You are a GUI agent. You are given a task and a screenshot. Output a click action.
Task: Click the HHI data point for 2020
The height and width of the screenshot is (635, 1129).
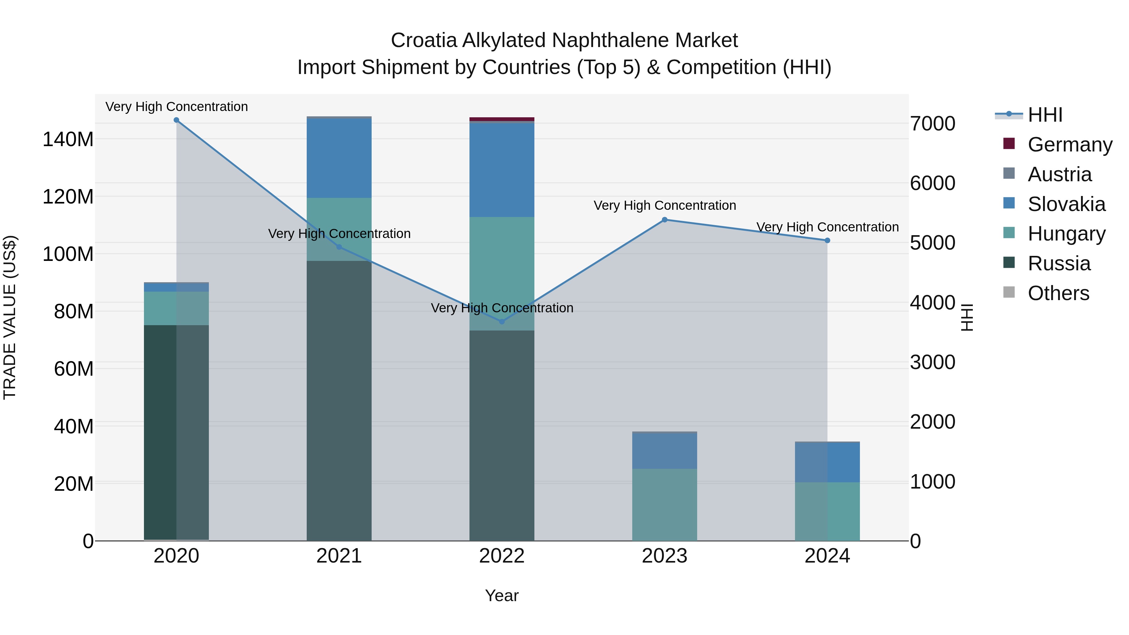[176, 120]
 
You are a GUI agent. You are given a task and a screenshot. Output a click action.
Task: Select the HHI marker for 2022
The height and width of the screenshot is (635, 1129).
[502, 322]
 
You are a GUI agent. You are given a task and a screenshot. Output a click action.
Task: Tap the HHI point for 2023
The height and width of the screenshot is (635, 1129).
[665, 220]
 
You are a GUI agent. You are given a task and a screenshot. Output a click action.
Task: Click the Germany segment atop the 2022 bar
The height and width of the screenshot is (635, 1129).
[502, 119]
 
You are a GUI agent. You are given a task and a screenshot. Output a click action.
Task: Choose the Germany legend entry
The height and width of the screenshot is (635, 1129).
[1069, 145]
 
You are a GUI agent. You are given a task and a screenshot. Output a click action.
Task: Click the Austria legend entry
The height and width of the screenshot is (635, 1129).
[1059, 174]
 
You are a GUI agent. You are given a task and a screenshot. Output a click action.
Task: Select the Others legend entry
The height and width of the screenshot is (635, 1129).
[1058, 293]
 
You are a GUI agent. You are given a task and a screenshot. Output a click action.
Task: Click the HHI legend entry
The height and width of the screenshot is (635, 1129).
[1045, 115]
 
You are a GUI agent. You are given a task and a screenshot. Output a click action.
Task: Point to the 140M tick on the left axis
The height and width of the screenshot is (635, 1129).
[68, 139]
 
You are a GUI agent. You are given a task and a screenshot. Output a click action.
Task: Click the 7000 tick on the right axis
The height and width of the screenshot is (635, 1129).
[933, 124]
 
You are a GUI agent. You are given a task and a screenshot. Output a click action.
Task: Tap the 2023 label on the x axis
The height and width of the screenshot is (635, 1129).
[665, 556]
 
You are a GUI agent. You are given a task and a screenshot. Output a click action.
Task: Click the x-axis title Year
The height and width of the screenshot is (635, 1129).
[502, 595]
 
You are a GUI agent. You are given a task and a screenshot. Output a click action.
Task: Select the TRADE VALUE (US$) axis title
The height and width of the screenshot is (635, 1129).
[10, 317]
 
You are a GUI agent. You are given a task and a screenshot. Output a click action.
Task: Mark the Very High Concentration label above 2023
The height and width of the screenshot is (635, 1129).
[665, 205]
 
